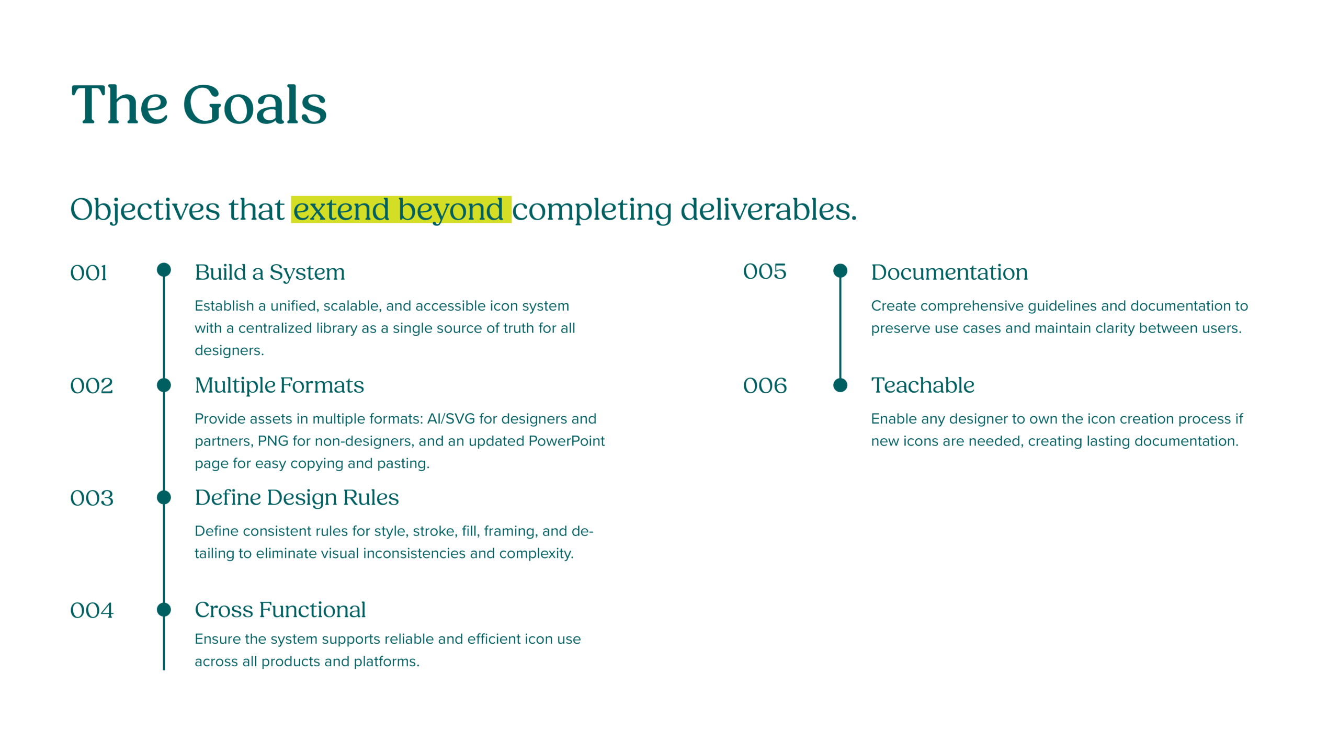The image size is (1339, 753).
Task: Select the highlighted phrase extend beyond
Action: coord(398,210)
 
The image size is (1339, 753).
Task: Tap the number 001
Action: coord(88,273)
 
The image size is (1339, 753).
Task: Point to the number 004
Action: coord(92,610)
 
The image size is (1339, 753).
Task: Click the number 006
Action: coord(765,386)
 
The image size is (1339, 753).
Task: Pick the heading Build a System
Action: coord(270,272)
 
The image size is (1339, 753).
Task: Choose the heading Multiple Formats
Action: coord(279,385)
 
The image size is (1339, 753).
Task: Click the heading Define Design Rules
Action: coord(297,498)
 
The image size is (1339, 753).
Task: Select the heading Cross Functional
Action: coord(280,610)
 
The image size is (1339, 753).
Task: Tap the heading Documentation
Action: coord(949,272)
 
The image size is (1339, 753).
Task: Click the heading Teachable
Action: coord(923,385)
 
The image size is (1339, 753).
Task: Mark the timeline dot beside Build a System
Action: coord(164,270)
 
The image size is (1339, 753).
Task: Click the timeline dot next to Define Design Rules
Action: coord(164,497)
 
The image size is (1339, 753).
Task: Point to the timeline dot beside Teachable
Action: coord(840,385)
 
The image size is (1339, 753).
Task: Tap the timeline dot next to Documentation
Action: coord(840,271)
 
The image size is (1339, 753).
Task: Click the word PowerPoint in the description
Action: coord(566,441)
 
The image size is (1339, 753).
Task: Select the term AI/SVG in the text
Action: coord(451,419)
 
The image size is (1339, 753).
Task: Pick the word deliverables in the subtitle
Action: coord(768,210)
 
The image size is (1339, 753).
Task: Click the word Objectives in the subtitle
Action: coord(145,210)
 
